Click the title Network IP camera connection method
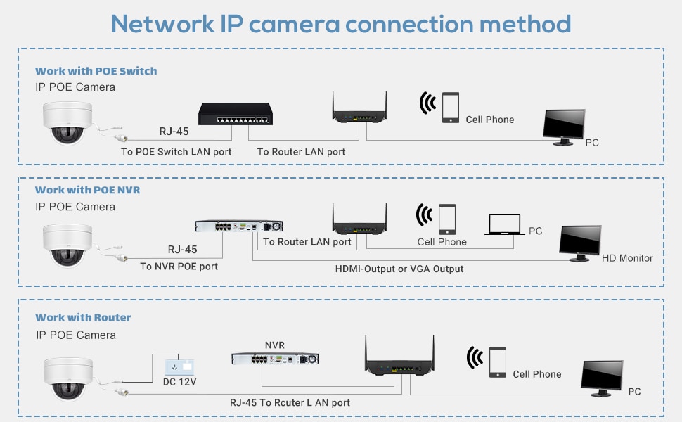point(341,24)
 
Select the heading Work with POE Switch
point(96,71)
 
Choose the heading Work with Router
point(83,317)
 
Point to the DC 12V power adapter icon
point(179,367)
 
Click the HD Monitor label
point(627,258)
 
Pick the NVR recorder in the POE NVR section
point(238,226)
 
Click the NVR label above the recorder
point(274,345)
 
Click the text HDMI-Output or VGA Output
point(399,269)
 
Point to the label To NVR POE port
point(179,267)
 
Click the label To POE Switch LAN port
point(176,151)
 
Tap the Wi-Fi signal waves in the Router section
point(476,359)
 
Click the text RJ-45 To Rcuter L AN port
point(290,402)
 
